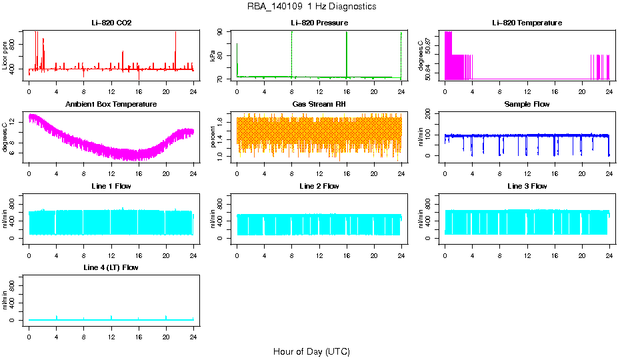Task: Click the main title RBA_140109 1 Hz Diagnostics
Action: (x=311, y=7)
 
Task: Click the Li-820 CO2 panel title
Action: (x=111, y=23)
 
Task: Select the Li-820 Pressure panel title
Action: (x=319, y=23)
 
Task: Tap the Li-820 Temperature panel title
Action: (x=527, y=23)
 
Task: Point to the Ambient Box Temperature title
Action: (x=111, y=104)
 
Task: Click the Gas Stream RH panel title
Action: (x=319, y=104)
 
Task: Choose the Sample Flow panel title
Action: (x=527, y=104)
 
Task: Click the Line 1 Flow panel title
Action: (x=111, y=186)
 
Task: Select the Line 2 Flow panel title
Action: (x=319, y=186)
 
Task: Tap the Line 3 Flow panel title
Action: (x=527, y=186)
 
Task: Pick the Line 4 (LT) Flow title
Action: (x=111, y=267)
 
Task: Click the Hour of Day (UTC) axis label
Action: (x=311, y=351)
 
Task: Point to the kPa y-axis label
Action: (x=213, y=55)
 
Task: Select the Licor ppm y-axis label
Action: (x=5, y=55)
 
